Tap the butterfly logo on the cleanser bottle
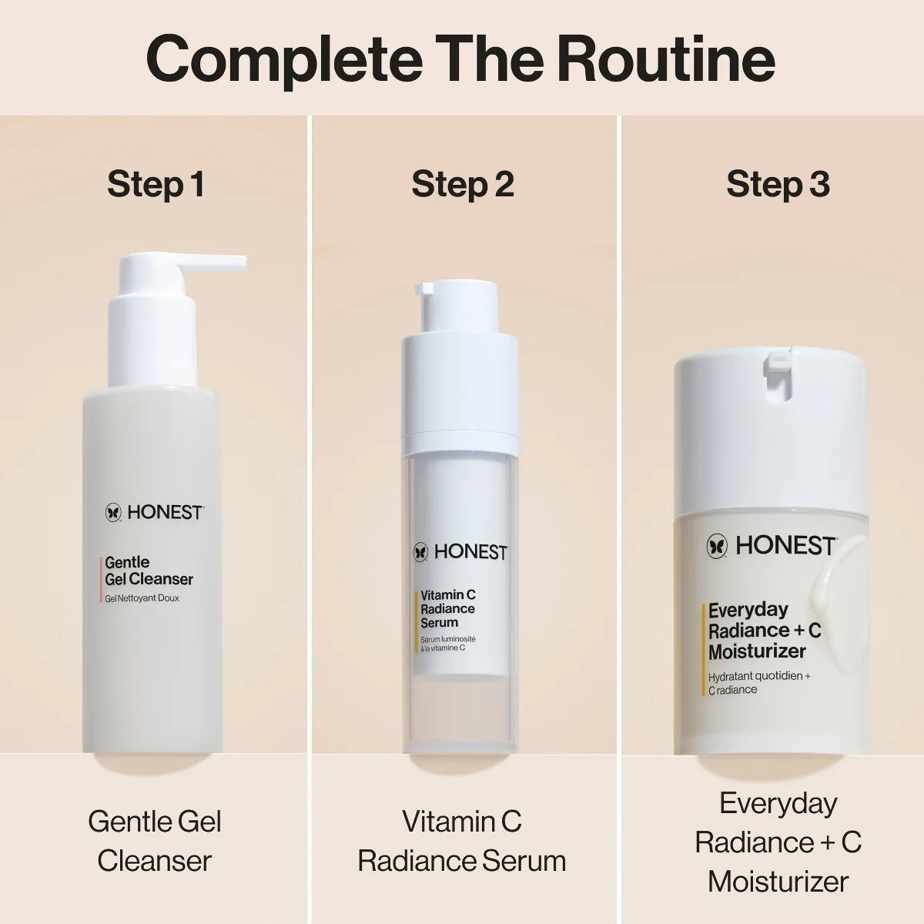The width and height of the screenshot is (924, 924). [114, 512]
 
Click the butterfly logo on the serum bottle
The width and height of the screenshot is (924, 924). [420, 552]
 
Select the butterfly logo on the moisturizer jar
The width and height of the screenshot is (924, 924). [717, 547]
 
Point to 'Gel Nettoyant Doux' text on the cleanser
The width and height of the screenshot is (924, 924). [142, 598]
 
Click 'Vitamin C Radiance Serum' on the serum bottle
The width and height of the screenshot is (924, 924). [448, 609]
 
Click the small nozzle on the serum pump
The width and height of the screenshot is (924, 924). [425, 289]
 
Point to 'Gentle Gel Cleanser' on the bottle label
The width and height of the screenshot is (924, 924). [149, 571]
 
